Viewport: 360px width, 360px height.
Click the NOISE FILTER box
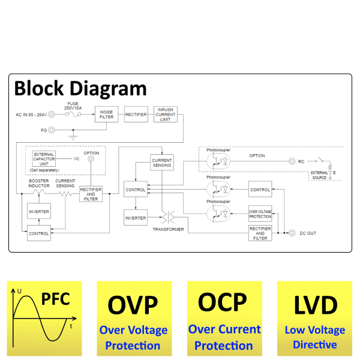pyautogui.click(x=106, y=114)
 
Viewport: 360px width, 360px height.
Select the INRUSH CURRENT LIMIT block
pyautogui.click(x=165, y=114)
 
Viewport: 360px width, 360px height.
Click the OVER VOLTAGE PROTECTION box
pyautogui.click(x=260, y=214)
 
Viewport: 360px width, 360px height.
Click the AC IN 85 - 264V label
pyautogui.click(x=31, y=114)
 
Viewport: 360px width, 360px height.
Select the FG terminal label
pyautogui.click(x=43, y=130)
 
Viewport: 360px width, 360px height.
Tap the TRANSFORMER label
pyautogui.click(x=168, y=229)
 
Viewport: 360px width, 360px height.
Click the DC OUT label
pyautogui.click(x=310, y=233)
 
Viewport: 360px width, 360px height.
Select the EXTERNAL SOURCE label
pyautogui.click(x=319, y=175)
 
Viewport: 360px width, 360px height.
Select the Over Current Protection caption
pyautogui.click(x=224, y=337)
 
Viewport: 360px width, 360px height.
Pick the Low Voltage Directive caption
pyautogui.click(x=314, y=337)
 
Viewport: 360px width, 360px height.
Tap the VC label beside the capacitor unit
pyautogui.click(x=76, y=159)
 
